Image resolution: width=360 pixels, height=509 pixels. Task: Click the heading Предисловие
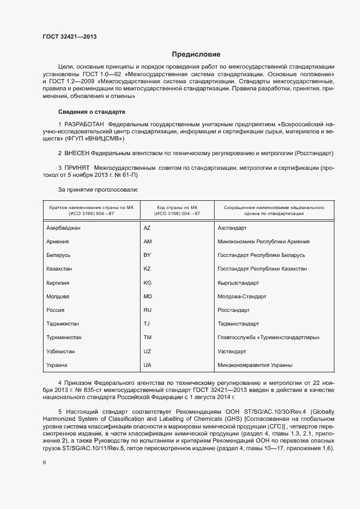pyautogui.click(x=196, y=54)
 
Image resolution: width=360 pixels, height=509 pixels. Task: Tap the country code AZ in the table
pyautogui.click(x=147, y=228)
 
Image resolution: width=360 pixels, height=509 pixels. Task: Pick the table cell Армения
pyautogui.click(x=58, y=242)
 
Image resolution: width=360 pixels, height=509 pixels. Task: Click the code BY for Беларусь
pyautogui.click(x=147, y=255)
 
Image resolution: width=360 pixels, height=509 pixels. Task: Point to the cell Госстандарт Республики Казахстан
pyautogui.click(x=261, y=269)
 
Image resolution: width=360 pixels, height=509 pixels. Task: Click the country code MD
pyautogui.click(x=148, y=297)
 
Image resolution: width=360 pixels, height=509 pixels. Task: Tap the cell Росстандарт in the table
pyautogui.click(x=233, y=310)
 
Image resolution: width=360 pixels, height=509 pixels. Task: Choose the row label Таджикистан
pyautogui.click(x=63, y=324)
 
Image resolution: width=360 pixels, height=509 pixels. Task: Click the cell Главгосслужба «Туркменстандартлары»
pyautogui.click(x=268, y=338)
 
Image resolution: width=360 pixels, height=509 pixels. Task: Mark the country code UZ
pyautogui.click(x=147, y=352)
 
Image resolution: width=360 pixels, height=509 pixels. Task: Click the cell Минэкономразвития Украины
pyautogui.click(x=254, y=365)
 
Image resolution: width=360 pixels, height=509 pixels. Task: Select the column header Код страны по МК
pyautogui.click(x=178, y=208)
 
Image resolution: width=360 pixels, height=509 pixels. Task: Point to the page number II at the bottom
pyautogui.click(x=45, y=447)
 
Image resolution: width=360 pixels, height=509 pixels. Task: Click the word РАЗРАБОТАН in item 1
pyautogui.click(x=84, y=125)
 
